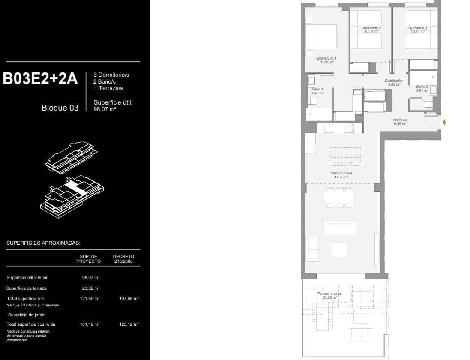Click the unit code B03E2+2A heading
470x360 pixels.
point(40,79)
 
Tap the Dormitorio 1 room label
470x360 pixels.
point(326,60)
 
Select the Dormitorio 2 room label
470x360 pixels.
point(371,29)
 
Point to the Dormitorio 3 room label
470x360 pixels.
point(417,29)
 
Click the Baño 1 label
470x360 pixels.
point(317,91)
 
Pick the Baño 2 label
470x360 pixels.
point(422,88)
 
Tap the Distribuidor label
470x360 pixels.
point(394,82)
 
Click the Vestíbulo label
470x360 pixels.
point(400,121)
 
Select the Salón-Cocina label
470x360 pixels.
point(341,175)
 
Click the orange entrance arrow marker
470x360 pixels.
point(444,123)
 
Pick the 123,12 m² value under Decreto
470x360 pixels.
point(129,324)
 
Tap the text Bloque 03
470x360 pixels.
point(60,108)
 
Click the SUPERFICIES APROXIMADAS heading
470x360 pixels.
point(43,243)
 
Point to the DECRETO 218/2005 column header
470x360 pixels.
point(123,258)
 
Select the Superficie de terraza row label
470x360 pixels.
point(27,288)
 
